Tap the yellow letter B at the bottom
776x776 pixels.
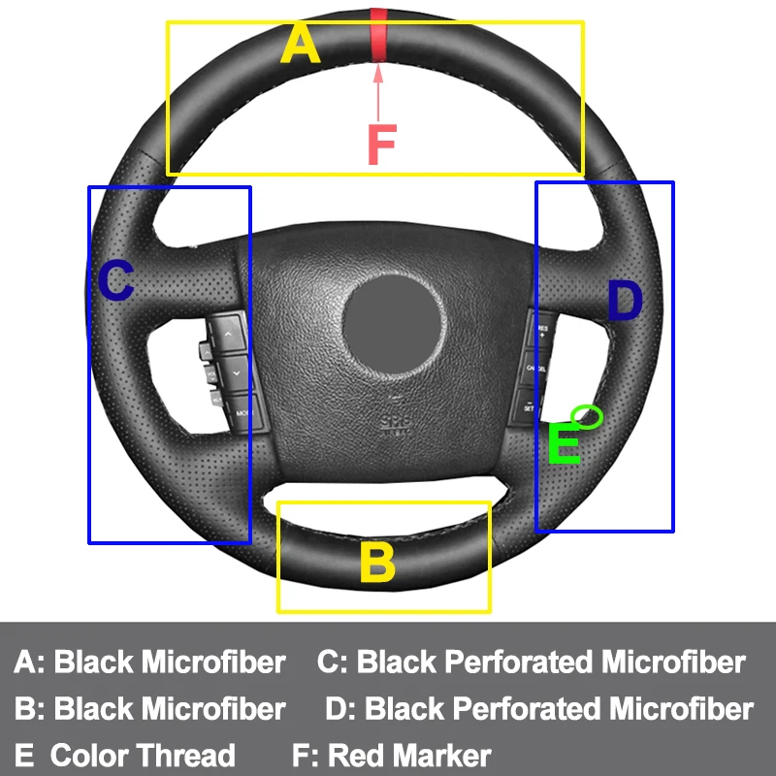pyautogui.click(x=377, y=563)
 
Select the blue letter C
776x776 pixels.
pyautogui.click(x=115, y=281)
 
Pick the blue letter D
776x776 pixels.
pyautogui.click(x=625, y=302)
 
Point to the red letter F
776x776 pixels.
pyautogui.click(x=381, y=145)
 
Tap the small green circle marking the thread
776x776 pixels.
pyautogui.click(x=588, y=415)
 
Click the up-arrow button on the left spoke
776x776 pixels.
pyautogui.click(x=229, y=334)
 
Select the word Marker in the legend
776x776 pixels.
pyautogui.click(x=442, y=755)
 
